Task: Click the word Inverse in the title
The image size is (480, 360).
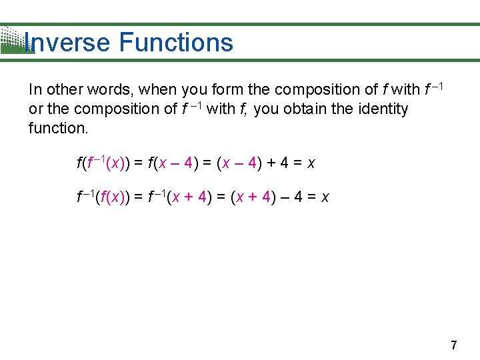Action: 66,43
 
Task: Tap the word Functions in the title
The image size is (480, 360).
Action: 176,43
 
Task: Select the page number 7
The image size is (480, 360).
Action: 454,345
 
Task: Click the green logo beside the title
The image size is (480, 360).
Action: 15,41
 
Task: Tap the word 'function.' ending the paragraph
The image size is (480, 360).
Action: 58,128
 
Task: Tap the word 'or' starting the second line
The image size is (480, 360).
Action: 36,109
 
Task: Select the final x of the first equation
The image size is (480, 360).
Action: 311,163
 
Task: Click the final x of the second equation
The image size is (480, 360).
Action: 325,198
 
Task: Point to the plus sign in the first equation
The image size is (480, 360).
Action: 273,163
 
